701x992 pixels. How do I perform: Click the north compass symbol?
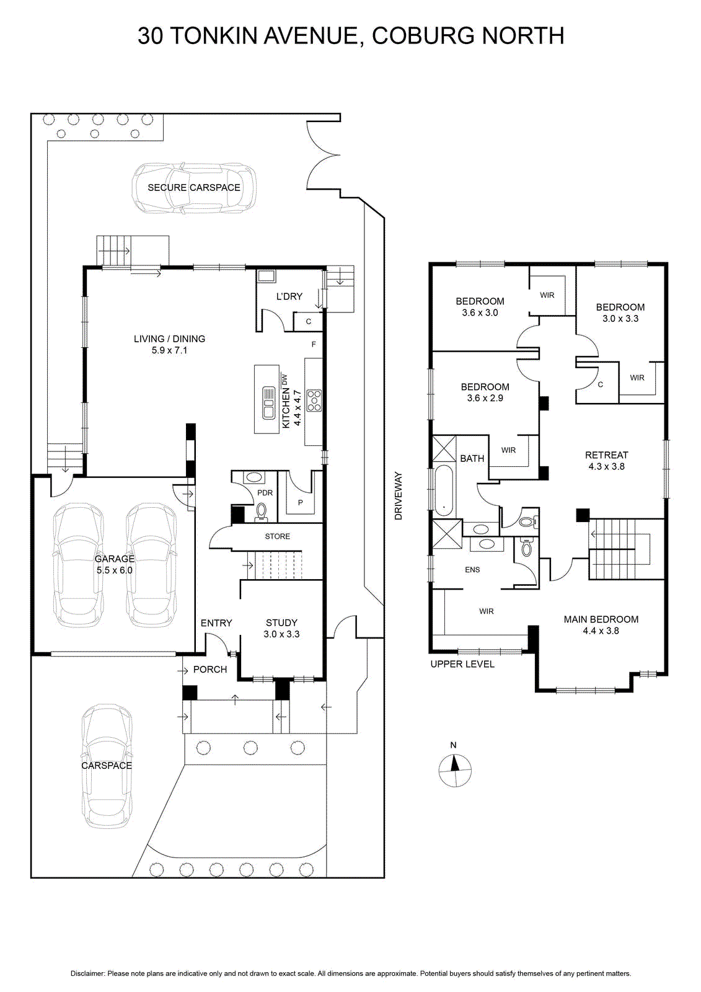coord(455,771)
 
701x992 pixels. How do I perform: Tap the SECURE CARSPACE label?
coord(193,187)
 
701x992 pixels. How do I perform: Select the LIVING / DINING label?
coord(169,344)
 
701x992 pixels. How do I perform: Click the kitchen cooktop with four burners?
coord(314,400)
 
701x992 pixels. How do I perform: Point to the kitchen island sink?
coord(269,402)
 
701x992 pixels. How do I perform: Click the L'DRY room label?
coord(289,296)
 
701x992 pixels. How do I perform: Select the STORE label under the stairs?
coord(277,536)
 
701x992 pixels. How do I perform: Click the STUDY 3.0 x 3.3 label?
coord(281,628)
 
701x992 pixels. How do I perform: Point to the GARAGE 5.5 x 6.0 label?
coord(114,564)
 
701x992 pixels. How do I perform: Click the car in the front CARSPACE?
coord(107,766)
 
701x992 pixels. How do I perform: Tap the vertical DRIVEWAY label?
coord(398,495)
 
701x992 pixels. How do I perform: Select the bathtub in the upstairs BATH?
coord(444,490)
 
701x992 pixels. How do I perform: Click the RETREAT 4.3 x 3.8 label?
coord(606,460)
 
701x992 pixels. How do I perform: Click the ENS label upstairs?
coord(472,570)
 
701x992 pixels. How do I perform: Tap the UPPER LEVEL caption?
coord(462,664)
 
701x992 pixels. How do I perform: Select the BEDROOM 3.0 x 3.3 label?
coord(620,312)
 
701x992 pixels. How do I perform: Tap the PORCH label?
coord(210,670)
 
